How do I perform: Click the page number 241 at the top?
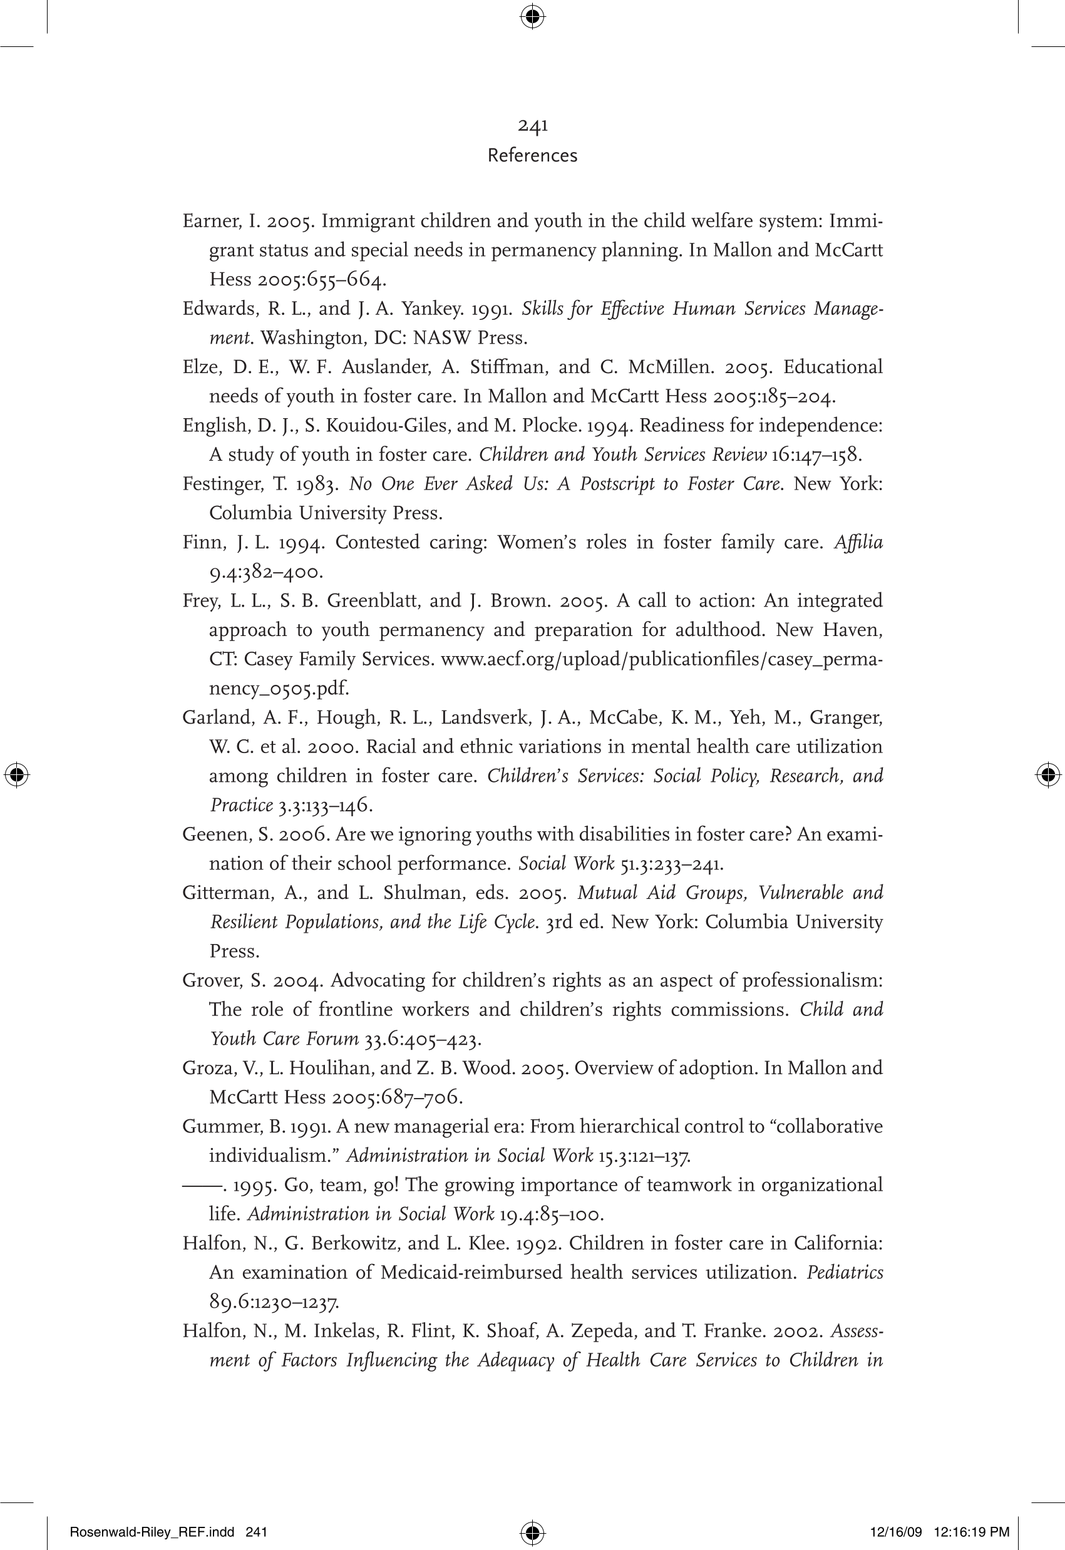(532, 125)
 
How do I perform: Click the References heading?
(532, 155)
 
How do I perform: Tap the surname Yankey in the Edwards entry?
(434, 309)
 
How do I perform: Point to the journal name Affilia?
(858, 543)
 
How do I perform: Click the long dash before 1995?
(202, 1186)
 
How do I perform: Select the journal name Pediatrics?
(845, 1273)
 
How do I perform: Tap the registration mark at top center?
(532, 16)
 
